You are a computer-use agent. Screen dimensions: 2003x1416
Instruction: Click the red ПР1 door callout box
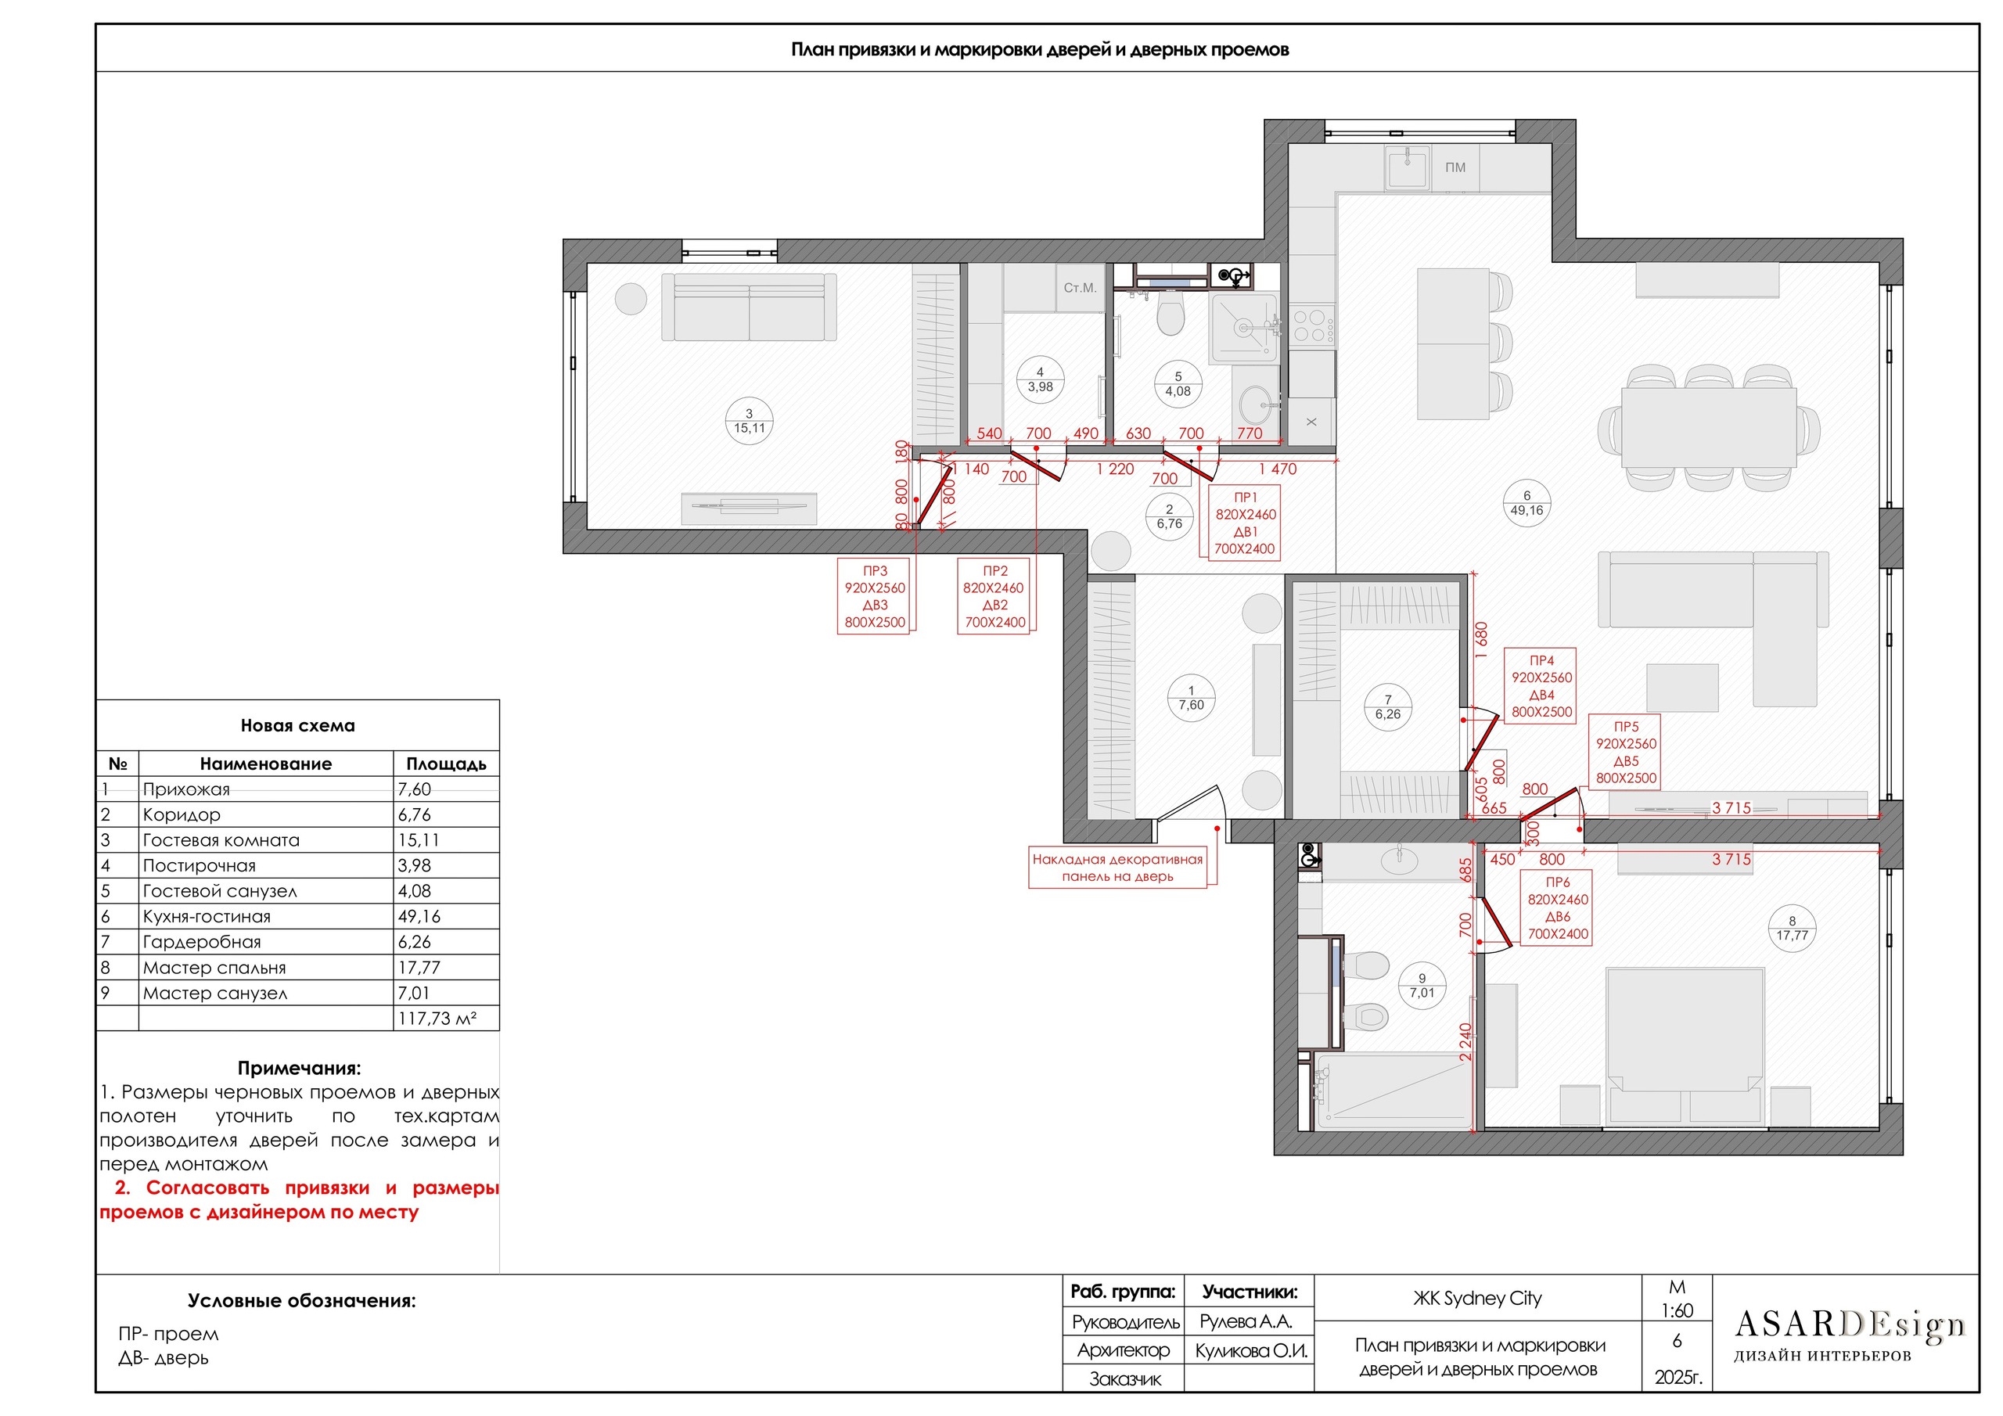(1245, 523)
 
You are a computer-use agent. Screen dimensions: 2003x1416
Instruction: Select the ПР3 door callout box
(874, 596)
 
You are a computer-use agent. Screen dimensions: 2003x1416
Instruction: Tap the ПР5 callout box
(1625, 752)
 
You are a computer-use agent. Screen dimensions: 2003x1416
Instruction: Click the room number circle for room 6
(1526, 503)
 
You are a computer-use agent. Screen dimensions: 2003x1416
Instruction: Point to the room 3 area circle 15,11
(749, 422)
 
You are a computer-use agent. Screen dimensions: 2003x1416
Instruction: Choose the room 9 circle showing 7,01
(1421, 986)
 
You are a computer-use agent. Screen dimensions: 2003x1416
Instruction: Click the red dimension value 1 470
(1277, 469)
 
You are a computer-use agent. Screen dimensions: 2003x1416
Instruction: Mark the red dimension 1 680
(1481, 639)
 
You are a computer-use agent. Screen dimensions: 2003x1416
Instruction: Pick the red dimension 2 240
(1465, 1042)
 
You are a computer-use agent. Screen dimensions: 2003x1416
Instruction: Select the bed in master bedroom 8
(1685, 1044)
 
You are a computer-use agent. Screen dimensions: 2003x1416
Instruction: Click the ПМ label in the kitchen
(1455, 167)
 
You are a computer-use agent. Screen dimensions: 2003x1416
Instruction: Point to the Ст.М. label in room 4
(1080, 287)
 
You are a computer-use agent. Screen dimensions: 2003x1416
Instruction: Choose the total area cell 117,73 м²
(437, 1018)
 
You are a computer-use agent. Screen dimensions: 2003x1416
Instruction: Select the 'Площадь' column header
(446, 764)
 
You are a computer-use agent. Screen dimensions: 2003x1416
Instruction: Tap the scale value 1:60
(1677, 1310)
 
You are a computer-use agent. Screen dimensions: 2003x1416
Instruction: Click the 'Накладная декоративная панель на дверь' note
(1117, 868)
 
